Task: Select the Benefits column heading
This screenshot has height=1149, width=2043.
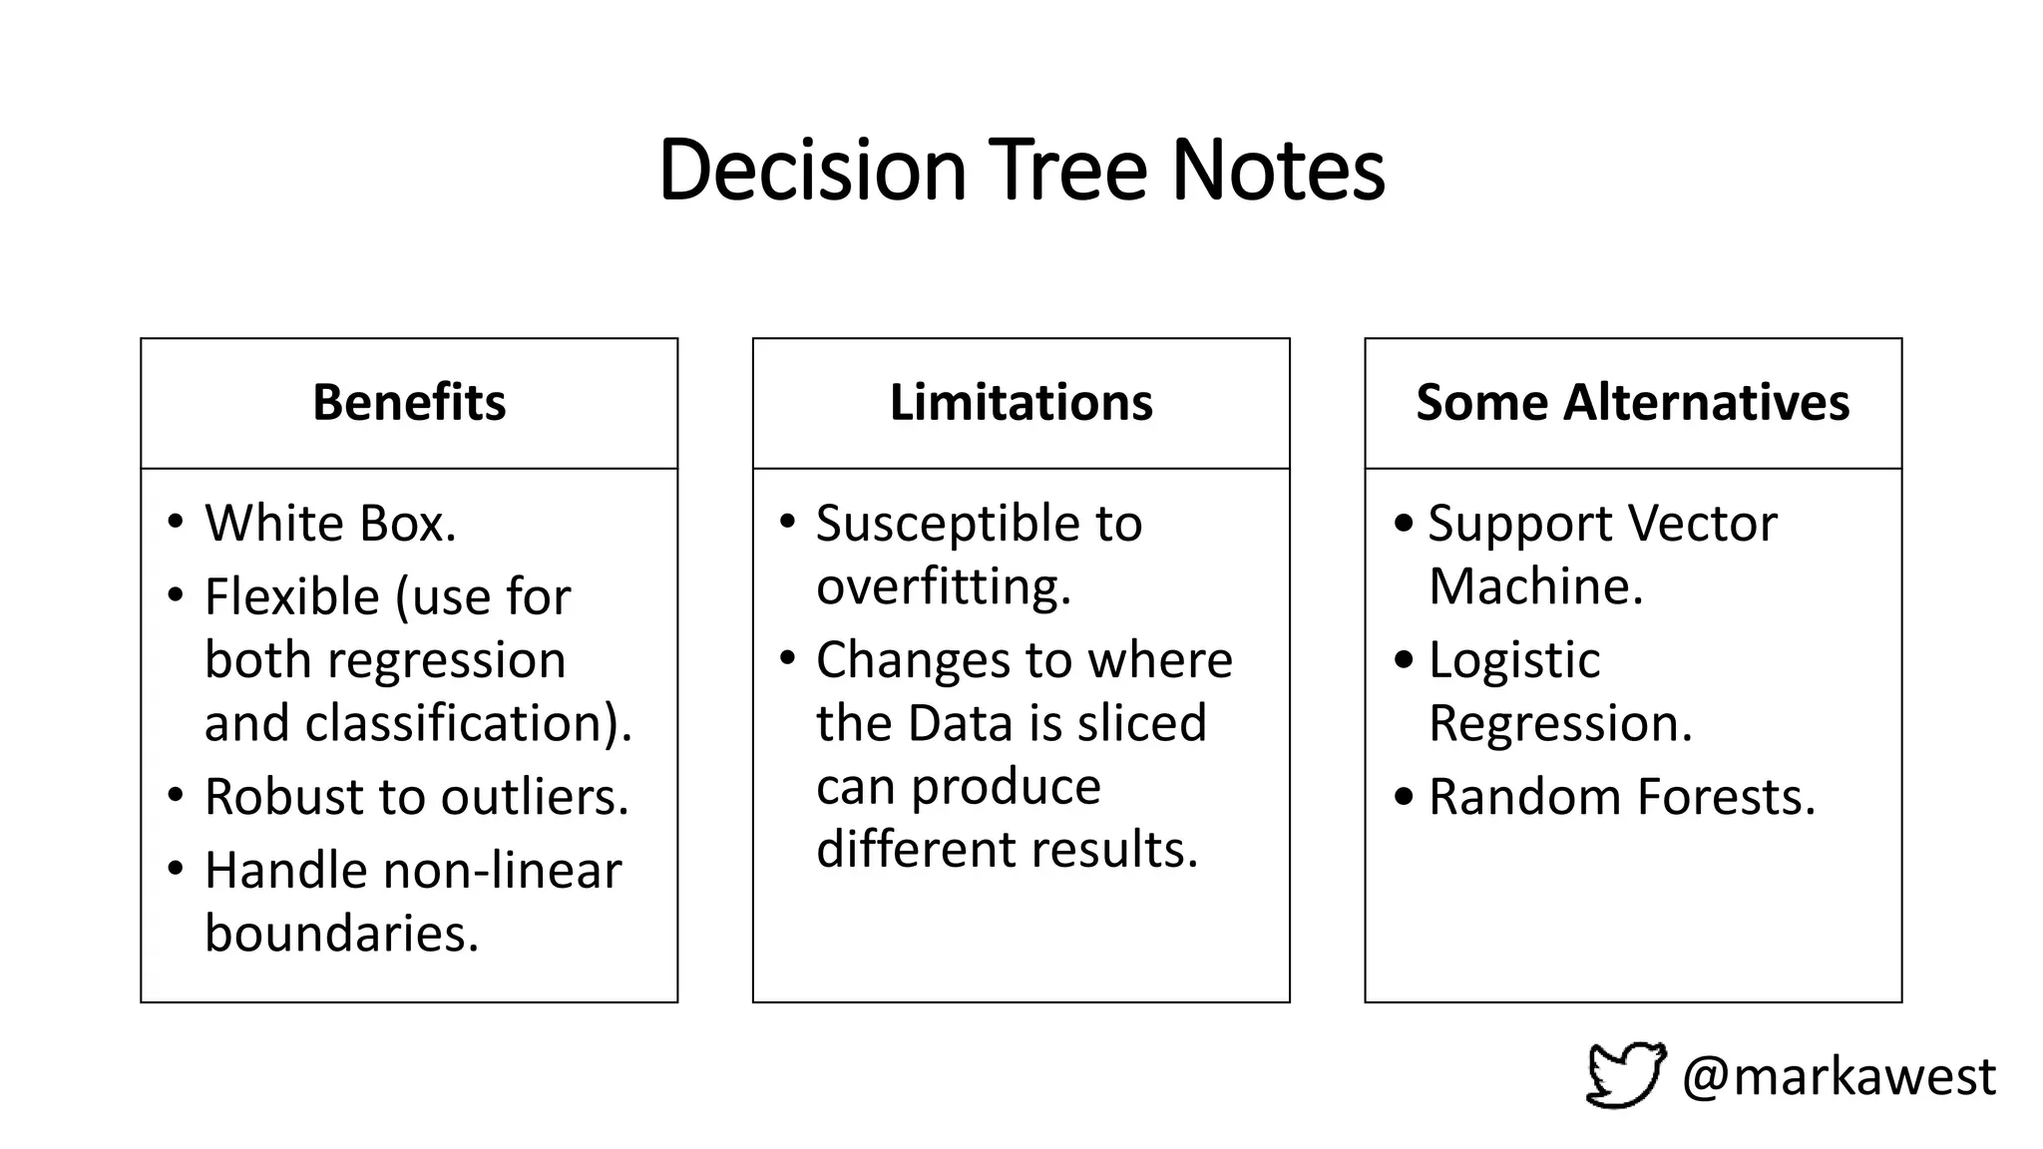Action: pos(409,402)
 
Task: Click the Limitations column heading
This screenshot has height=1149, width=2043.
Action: pos(1021,402)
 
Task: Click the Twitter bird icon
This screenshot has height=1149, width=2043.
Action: pos(1625,1074)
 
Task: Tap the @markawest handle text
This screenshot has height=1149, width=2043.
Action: pos(1839,1076)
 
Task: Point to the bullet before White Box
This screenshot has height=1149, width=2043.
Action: pos(177,522)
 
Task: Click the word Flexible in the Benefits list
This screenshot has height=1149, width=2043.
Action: pos(291,596)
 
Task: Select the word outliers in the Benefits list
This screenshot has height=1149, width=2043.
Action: pos(535,796)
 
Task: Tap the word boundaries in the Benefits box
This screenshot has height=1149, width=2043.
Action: pos(341,934)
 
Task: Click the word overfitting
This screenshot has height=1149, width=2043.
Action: pos(943,585)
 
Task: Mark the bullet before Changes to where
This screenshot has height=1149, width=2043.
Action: pos(788,658)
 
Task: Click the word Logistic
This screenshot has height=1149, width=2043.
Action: pos(1513,660)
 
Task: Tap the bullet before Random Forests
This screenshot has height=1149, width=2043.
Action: pos(1405,796)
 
